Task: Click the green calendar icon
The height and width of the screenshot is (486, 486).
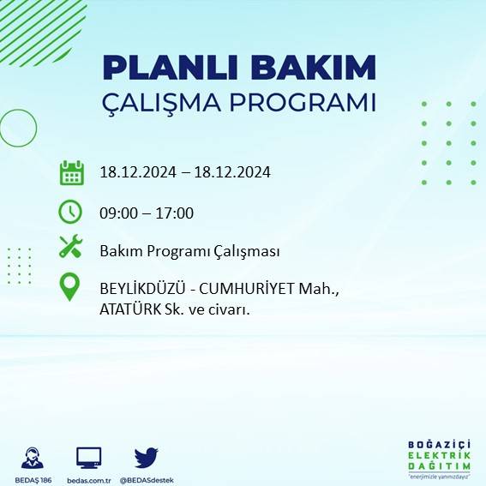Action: point(71,172)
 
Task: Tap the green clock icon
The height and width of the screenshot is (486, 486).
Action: point(70,212)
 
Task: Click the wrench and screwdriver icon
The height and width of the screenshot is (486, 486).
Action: point(70,248)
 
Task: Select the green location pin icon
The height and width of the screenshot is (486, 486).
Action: point(70,286)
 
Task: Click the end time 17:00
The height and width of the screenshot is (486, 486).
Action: point(175,213)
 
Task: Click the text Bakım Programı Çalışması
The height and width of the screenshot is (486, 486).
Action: point(189,251)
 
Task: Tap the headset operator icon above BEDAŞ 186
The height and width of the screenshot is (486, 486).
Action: point(34,457)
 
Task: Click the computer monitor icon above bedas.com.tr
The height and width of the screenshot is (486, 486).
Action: point(89,457)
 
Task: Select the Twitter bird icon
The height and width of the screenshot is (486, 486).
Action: point(146,457)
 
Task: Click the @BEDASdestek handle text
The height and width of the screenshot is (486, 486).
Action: point(147,479)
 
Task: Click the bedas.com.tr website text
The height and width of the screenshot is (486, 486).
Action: point(89,479)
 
